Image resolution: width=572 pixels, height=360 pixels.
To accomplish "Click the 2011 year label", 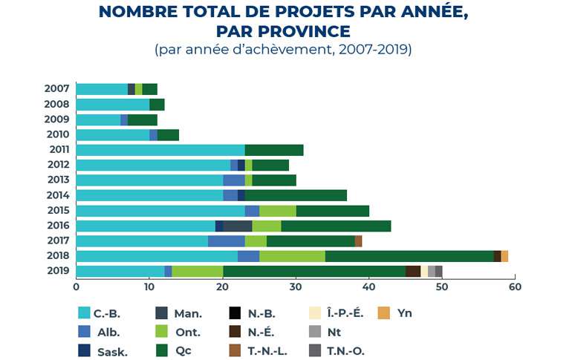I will [x=59, y=150].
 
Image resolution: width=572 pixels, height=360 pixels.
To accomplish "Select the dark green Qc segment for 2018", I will [x=409, y=256].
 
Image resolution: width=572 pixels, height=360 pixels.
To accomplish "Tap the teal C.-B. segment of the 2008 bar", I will [x=112, y=105].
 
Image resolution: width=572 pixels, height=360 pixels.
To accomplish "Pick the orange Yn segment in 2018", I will [x=504, y=256].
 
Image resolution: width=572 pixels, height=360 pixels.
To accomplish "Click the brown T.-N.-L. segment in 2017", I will [x=358, y=241].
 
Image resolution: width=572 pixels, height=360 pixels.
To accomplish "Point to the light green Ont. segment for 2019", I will [x=197, y=271].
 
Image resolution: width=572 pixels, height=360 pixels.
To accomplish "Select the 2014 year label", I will [x=59, y=195].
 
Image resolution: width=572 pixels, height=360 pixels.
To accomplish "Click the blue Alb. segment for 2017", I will [x=227, y=241].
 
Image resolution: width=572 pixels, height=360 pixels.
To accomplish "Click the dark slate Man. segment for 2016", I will [x=237, y=226].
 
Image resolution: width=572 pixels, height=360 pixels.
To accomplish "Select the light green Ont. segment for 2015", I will [x=278, y=211].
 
